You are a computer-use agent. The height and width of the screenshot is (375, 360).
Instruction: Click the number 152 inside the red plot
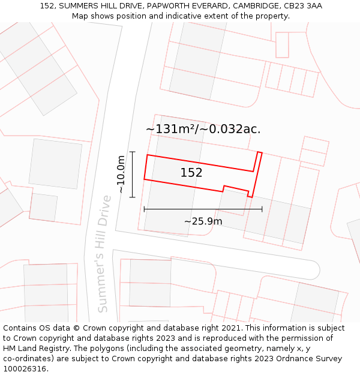tap(191, 173)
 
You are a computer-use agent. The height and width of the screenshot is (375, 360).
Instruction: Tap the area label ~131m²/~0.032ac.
tap(203, 129)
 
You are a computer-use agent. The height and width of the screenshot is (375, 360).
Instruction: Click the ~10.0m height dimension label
tap(121, 174)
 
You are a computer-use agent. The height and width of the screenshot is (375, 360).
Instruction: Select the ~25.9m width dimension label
tap(203, 221)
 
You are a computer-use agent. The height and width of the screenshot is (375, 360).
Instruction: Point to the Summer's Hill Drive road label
tap(104, 253)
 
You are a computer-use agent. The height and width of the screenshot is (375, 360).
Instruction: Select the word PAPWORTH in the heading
tap(165, 6)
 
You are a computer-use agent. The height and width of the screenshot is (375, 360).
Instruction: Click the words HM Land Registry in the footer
tap(35, 349)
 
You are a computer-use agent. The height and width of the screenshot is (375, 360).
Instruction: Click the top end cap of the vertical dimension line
tap(133, 152)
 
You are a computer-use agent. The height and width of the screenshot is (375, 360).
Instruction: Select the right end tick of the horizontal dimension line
tap(262, 209)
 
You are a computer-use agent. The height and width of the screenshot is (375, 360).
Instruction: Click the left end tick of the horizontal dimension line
tap(145, 209)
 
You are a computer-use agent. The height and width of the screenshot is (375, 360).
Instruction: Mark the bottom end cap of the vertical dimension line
tap(133, 197)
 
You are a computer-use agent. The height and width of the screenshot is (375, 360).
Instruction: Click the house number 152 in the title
tap(47, 6)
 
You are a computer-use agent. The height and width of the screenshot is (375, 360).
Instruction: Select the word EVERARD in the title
tap(208, 6)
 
